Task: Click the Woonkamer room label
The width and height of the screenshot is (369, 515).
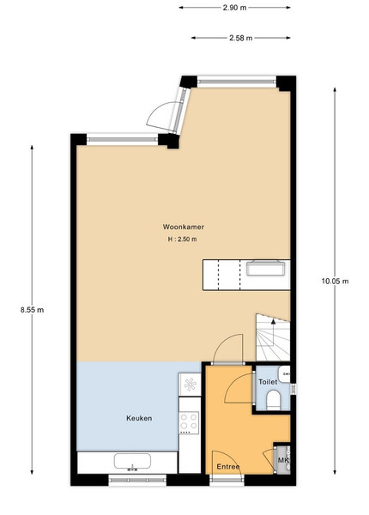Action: point(183,227)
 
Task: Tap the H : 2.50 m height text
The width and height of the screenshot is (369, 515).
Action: point(183,239)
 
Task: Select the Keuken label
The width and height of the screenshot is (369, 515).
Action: point(139,418)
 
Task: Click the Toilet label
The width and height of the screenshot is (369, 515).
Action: point(268,382)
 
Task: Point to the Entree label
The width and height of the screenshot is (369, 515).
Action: point(228,466)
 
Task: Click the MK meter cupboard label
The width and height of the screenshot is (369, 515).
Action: point(283,460)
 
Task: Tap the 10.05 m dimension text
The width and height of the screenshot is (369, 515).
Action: point(335,281)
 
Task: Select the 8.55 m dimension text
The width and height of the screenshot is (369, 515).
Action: point(32,310)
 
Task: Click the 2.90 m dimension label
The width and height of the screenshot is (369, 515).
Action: point(234,8)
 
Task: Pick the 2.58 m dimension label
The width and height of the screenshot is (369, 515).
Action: point(240,38)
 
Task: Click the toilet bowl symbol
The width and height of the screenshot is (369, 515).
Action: point(273,400)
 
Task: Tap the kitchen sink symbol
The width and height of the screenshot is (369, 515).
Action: point(132,462)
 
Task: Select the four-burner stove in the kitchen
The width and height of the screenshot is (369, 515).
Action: point(189,421)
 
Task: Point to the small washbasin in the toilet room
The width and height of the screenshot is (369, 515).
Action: point(284,373)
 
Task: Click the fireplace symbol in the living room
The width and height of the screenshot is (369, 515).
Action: point(265,267)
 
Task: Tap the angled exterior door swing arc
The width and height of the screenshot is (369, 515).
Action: point(160,116)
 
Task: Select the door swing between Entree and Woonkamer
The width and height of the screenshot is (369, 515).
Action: point(227,348)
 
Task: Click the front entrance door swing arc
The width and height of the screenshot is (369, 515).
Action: point(227,463)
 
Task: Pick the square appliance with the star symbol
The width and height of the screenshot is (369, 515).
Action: point(190,384)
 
